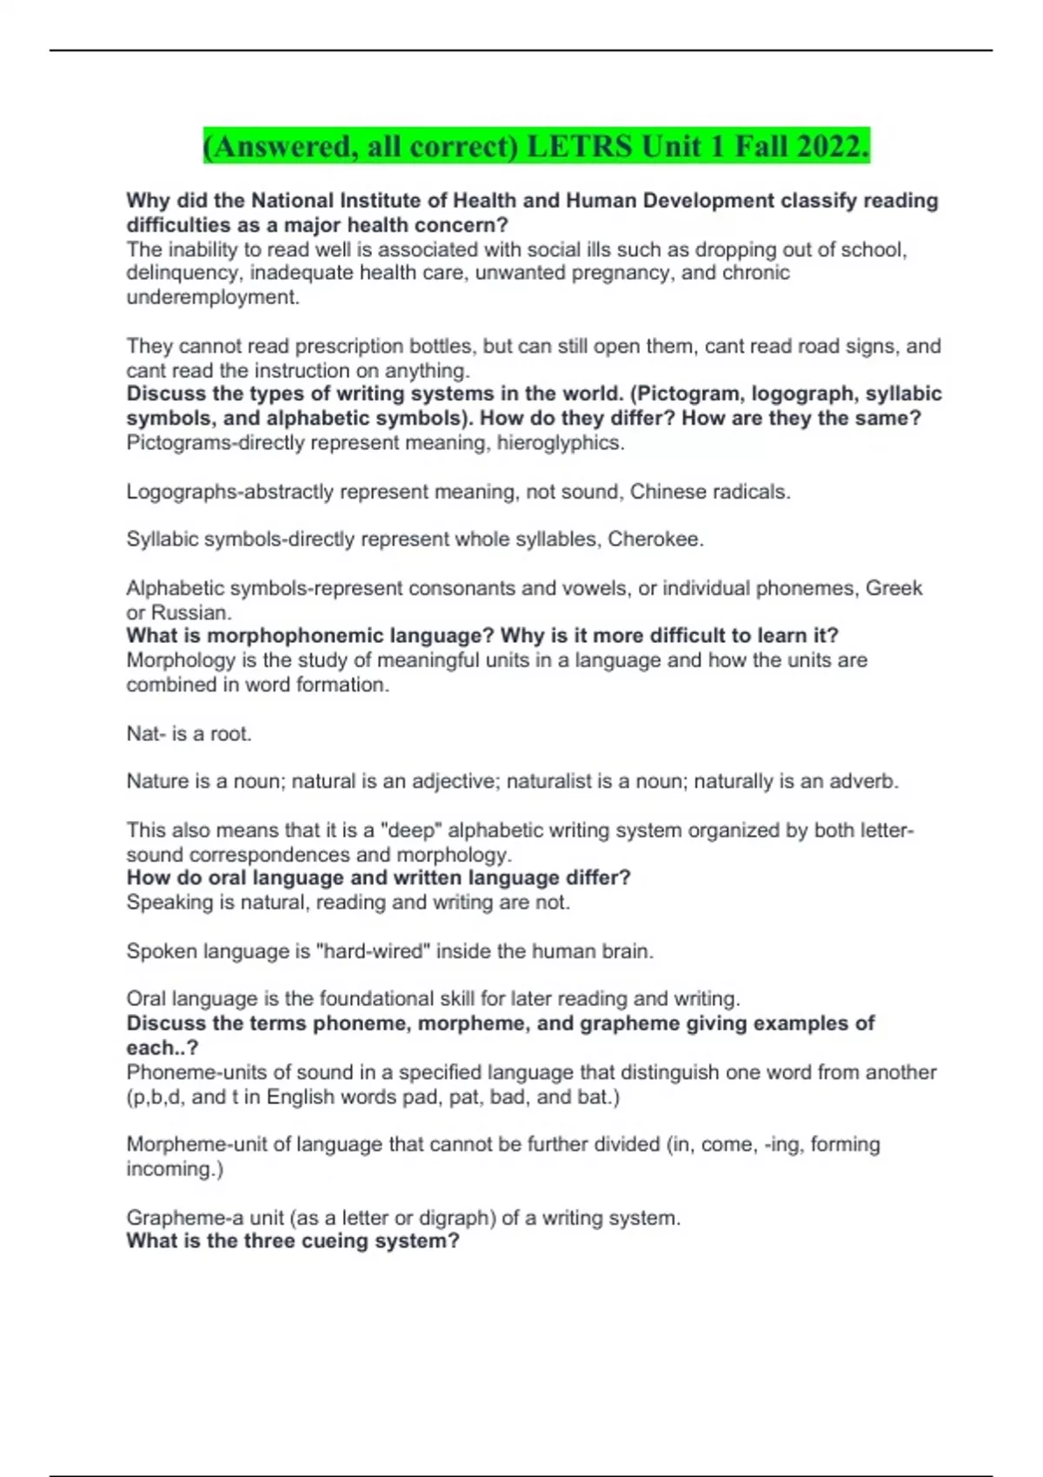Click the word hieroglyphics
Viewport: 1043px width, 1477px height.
pos(561,443)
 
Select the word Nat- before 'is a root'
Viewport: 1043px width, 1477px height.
pos(146,734)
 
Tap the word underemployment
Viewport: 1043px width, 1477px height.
pos(212,297)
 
